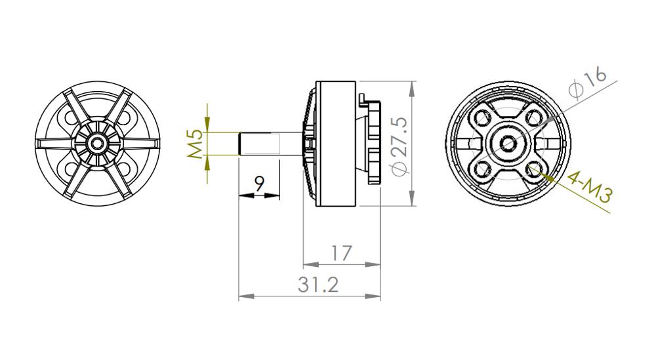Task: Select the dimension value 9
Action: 259,184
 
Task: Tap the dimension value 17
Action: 341,252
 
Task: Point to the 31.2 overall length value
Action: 318,285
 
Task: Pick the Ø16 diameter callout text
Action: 587,83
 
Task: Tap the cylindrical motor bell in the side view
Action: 336,144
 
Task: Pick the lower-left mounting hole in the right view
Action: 483,169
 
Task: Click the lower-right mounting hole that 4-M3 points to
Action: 535,169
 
